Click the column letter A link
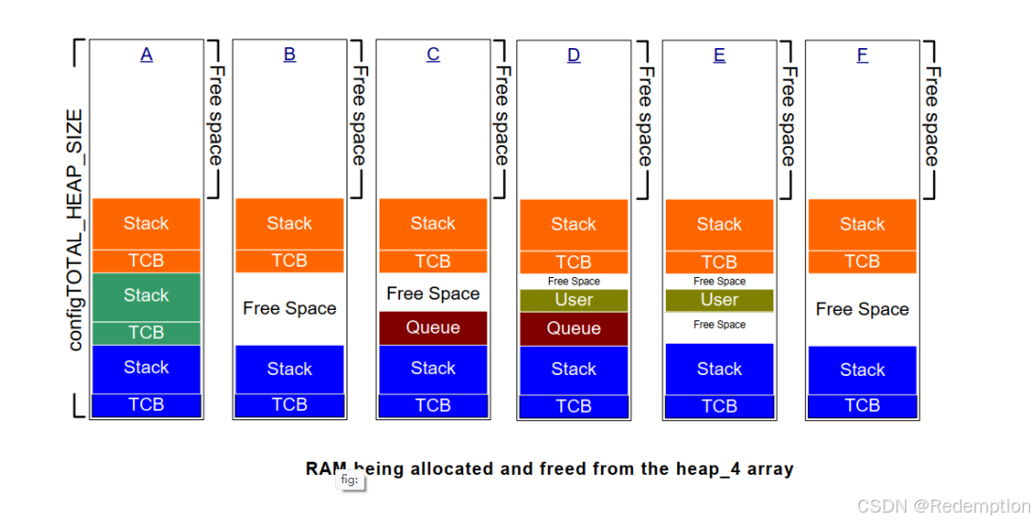[146, 55]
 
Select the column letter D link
[574, 56]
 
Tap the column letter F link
[862, 56]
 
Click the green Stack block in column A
[146, 296]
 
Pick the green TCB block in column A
[146, 333]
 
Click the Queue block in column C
[432, 328]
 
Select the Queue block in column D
[574, 329]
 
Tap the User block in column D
[574, 301]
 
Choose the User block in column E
[719, 301]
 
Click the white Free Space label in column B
[289, 308]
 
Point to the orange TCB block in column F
[862, 262]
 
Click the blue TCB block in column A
[146, 405]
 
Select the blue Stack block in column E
[719, 369]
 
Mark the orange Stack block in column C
[432, 223]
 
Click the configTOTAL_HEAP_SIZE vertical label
[75, 230]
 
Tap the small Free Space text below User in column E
[719, 325]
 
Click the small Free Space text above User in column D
[574, 282]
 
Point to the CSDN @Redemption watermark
[945, 506]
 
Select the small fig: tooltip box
[349, 481]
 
